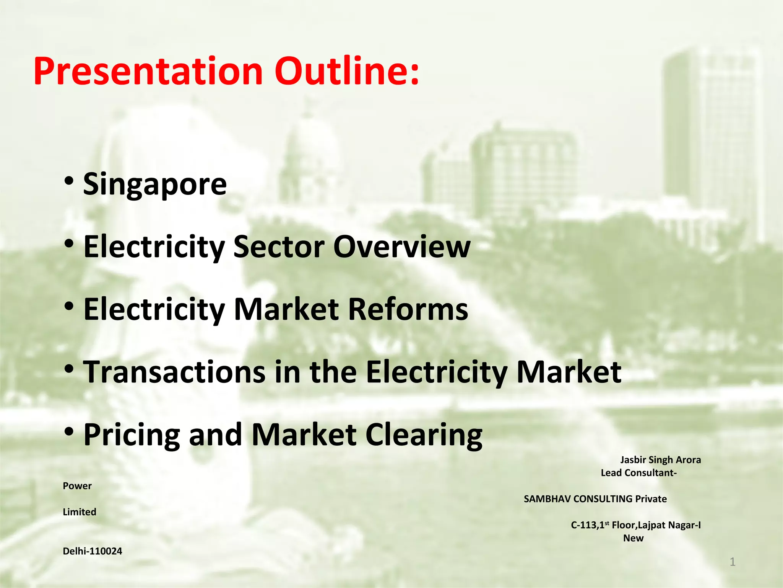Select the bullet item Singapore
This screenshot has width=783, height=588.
click(x=155, y=185)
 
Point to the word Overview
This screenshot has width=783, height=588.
click(x=402, y=247)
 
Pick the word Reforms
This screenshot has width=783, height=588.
click(x=408, y=309)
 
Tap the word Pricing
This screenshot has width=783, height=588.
click(x=132, y=435)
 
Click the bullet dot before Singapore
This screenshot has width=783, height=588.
click(x=69, y=181)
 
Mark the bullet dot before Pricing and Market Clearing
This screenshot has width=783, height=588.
click(x=69, y=431)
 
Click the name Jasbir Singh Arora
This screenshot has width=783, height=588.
click(x=660, y=460)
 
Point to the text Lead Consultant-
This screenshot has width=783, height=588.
click(x=638, y=473)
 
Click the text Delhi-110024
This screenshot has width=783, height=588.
click(x=93, y=551)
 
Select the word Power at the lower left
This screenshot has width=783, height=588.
click(x=77, y=486)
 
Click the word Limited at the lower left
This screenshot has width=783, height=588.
click(x=80, y=512)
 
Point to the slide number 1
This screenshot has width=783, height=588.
click(x=733, y=562)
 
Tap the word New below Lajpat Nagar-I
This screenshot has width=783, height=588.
click(x=633, y=538)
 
